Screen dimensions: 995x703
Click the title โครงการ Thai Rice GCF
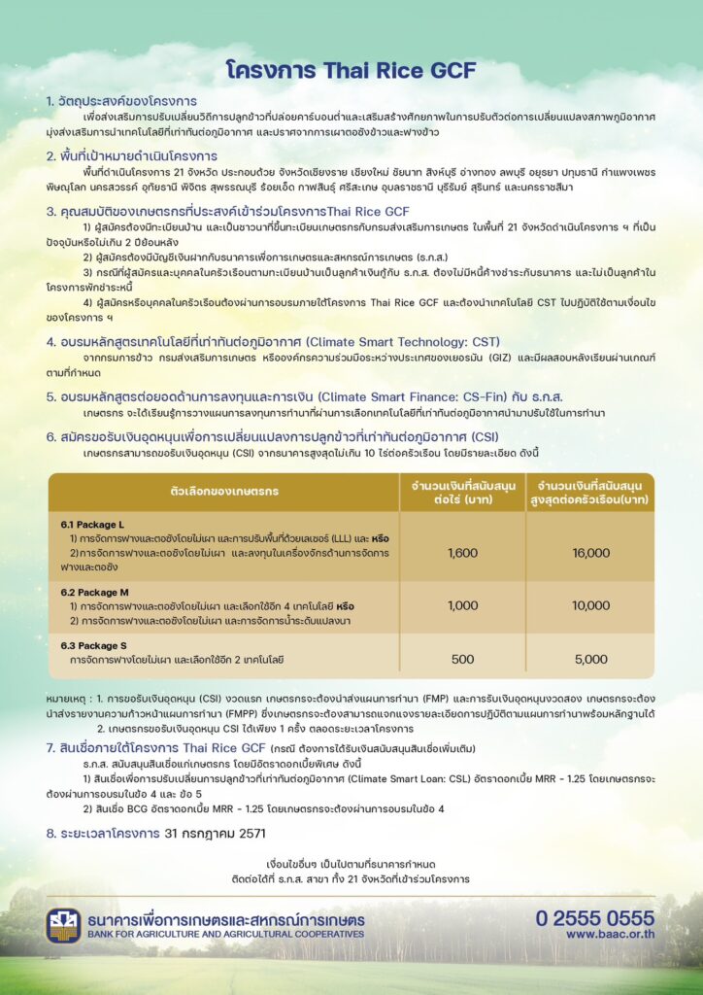351,71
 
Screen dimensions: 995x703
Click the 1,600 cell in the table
462,553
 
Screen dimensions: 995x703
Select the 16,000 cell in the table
590,553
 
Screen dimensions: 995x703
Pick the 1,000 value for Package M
462,605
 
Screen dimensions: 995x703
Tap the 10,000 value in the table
590,605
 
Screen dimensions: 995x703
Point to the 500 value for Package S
462,659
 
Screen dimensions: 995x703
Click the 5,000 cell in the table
590,659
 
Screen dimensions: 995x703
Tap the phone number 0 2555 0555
594,917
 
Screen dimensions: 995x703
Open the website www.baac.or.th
610,934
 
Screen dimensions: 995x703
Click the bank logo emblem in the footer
63,925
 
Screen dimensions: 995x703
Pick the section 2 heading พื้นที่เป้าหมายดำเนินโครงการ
137,155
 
